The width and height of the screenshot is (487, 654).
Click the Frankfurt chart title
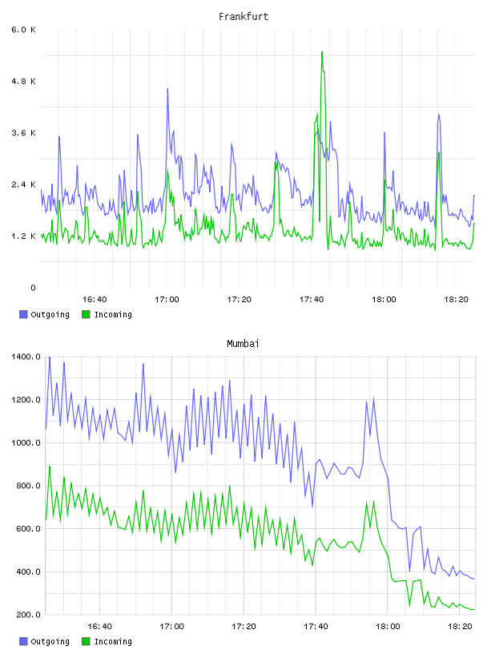point(243,17)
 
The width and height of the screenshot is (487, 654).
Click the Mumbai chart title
point(243,344)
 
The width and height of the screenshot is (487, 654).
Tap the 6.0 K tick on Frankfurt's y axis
point(24,30)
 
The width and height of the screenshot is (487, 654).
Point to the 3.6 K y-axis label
point(24,133)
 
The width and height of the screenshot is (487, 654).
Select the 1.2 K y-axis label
point(24,236)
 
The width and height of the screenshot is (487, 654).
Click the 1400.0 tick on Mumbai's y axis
point(26,357)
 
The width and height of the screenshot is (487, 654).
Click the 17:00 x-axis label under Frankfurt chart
point(167,299)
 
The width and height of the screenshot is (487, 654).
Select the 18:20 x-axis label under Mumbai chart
point(460,626)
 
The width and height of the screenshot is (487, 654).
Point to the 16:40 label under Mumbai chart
point(99,626)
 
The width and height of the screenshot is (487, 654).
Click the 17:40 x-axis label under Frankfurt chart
point(312,299)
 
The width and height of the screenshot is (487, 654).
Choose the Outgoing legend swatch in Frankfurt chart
point(23,314)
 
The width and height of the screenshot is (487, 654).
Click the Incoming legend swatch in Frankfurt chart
point(86,314)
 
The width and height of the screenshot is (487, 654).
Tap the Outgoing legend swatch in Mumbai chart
point(23,641)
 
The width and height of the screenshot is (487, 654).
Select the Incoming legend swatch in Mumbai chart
point(86,641)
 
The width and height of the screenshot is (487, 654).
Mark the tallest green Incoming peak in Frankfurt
point(322,52)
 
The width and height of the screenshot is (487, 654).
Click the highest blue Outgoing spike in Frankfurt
point(167,89)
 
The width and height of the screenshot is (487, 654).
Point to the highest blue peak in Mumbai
point(50,357)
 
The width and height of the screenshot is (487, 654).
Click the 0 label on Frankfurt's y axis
point(33,288)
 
